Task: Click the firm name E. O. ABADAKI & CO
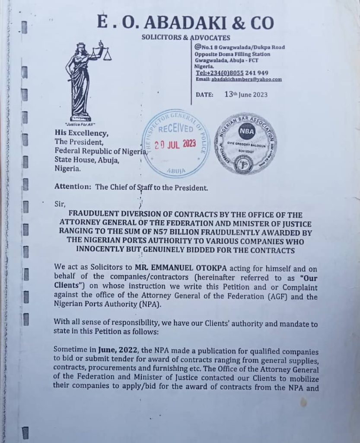(185, 22)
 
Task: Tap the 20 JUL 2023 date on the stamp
(175, 144)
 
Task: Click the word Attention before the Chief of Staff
(72, 188)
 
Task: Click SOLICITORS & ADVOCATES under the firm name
(186, 38)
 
